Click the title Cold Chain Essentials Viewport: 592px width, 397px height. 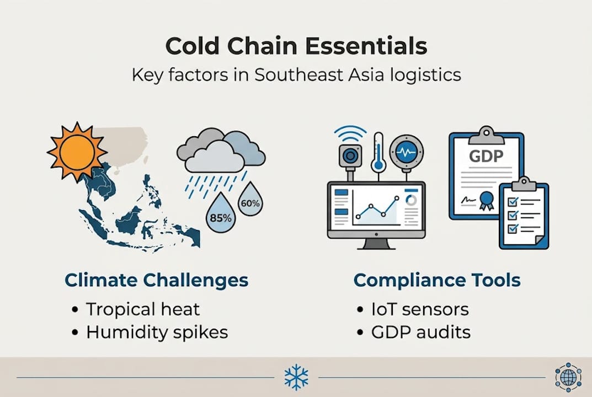[296, 46]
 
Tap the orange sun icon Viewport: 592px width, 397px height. [77, 152]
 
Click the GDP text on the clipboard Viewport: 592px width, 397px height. [486, 156]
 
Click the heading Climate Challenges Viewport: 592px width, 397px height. [156, 280]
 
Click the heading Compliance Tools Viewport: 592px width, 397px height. [436, 280]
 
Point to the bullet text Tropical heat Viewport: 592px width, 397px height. [142, 309]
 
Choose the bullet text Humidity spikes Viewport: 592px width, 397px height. [157, 332]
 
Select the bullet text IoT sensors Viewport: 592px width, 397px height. [420, 309]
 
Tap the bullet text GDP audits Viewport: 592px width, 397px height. [421, 332]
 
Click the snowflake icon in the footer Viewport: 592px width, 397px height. [296, 378]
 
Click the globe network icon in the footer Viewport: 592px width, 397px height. [568, 378]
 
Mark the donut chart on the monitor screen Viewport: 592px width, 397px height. [411, 200]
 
